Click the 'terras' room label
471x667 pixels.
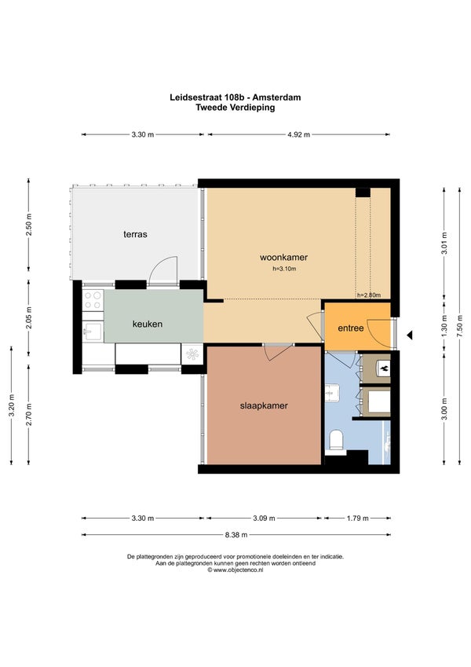pyautogui.click(x=135, y=234)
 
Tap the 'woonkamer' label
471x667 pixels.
pyautogui.click(x=283, y=257)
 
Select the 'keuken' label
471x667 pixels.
pyautogui.click(x=148, y=324)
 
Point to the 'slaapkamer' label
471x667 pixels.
pyautogui.click(x=264, y=405)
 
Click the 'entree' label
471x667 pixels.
pyautogui.click(x=351, y=328)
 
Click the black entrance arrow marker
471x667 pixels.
pyautogui.click(x=409, y=335)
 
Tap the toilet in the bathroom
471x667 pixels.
pyautogui.click(x=337, y=440)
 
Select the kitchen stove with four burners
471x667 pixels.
pyautogui.click(x=93, y=300)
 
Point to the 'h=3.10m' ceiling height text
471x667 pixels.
pyautogui.click(x=284, y=269)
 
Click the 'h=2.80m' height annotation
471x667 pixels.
pyautogui.click(x=368, y=295)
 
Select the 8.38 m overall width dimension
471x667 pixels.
pyautogui.click(x=236, y=535)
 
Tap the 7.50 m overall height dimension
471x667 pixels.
pyautogui.click(x=459, y=326)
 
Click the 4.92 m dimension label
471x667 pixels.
pyautogui.click(x=298, y=134)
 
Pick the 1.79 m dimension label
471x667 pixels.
pyautogui.click(x=357, y=518)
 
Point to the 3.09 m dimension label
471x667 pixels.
pyautogui.click(x=264, y=518)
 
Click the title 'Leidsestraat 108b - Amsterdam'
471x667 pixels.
pyautogui.click(x=235, y=97)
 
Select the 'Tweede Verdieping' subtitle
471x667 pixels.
pyautogui.click(x=235, y=107)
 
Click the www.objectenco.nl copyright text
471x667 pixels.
pyautogui.click(x=235, y=570)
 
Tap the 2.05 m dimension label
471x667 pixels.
pyautogui.click(x=28, y=317)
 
